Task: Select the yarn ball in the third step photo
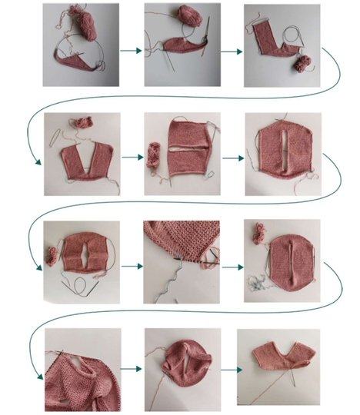click(x=301, y=63)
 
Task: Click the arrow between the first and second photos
click(x=132, y=51)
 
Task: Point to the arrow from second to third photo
click(x=230, y=51)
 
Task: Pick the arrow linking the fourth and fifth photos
click(x=132, y=156)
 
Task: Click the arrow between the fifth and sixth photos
click(x=230, y=156)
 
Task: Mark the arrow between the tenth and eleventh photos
click(x=132, y=370)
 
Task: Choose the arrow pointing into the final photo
click(x=230, y=370)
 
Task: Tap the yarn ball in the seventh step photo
click(x=52, y=256)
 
